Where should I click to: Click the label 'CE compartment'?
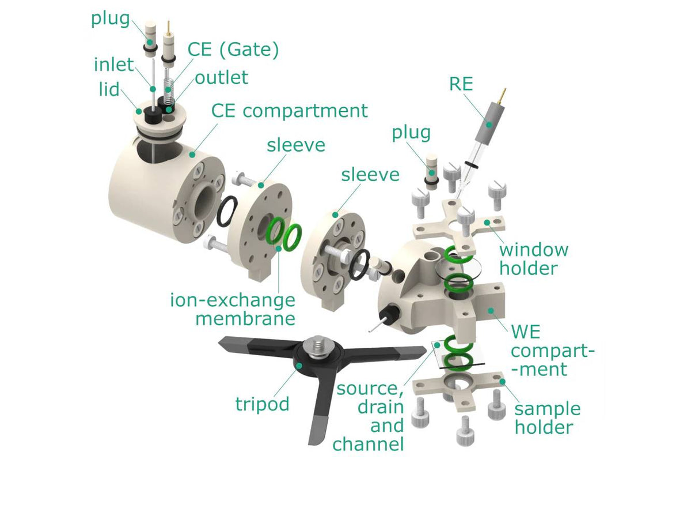[289, 110]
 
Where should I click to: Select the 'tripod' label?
[262, 404]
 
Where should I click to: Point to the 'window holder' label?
[533, 259]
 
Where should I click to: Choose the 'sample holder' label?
[547, 418]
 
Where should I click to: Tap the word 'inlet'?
[113, 64]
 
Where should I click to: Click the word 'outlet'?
[221, 77]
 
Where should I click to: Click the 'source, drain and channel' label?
[370, 415]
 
